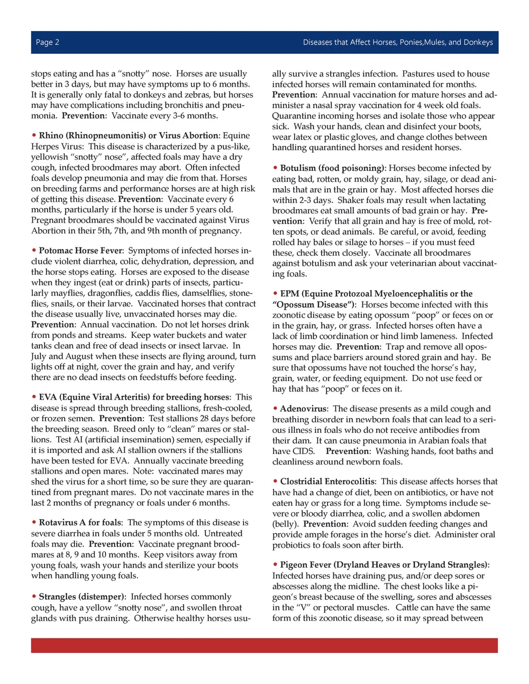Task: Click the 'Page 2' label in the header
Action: coord(48,42)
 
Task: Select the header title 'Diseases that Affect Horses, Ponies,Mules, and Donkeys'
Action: coord(397,42)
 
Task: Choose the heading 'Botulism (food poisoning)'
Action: coord(332,168)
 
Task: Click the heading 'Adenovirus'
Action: coord(304,409)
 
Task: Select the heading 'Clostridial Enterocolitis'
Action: coord(327,482)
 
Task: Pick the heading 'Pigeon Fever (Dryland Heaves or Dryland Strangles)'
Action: coord(384,565)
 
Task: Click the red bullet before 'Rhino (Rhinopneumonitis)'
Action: coord(34,136)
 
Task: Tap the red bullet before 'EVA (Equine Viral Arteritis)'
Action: coord(34,397)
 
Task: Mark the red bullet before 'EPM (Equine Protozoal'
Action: coord(276,293)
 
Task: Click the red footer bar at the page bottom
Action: coord(264,645)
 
